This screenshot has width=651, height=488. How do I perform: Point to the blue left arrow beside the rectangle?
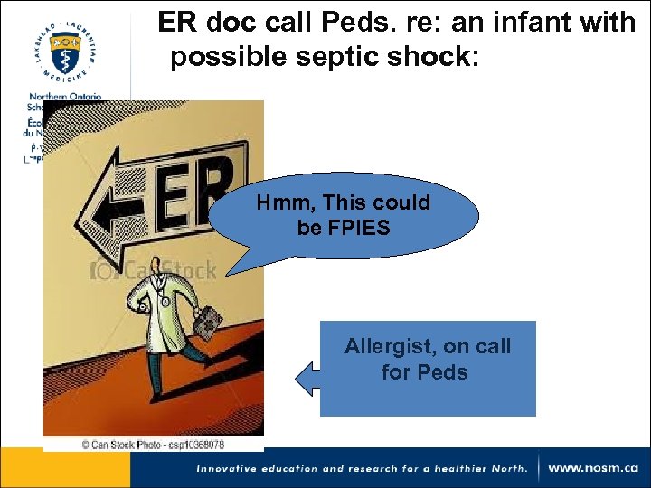(305, 378)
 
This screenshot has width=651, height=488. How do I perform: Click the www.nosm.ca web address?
(592, 468)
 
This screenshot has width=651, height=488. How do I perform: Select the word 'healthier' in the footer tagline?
(459, 468)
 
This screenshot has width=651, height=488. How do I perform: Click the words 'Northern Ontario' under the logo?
(64, 97)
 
